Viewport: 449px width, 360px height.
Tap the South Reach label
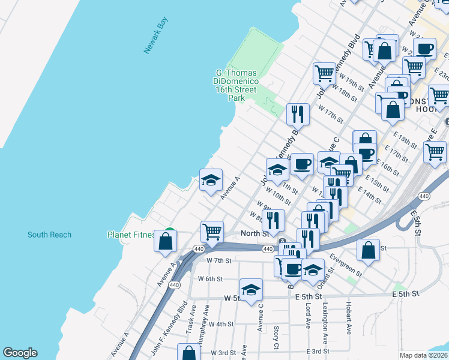coord(49,235)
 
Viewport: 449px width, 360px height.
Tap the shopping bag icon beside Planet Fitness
coord(166,241)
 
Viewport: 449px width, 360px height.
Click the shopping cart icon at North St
coord(212,231)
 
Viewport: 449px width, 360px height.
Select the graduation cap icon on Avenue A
coord(211,179)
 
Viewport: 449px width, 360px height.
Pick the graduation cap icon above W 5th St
coord(252,289)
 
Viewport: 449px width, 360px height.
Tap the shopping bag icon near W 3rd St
coord(188,353)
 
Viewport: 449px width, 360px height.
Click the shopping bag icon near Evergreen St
coord(368,250)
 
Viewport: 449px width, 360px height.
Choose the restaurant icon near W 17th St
coord(298,113)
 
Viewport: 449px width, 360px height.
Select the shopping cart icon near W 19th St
coord(324,73)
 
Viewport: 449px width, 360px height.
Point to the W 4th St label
coord(220,324)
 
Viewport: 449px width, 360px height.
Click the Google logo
coord(20,353)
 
